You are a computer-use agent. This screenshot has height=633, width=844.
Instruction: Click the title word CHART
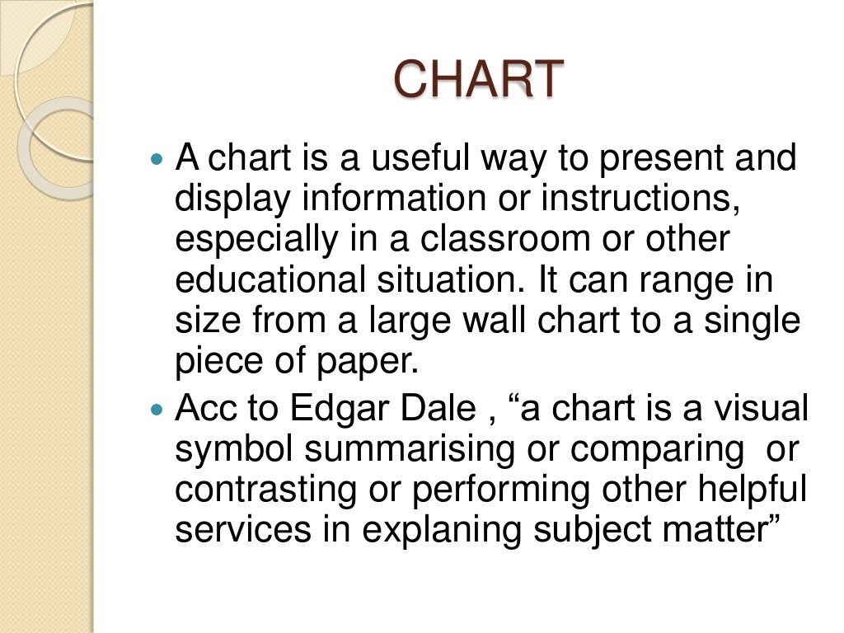point(478,80)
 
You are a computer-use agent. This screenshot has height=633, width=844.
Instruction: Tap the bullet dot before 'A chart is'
point(159,157)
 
